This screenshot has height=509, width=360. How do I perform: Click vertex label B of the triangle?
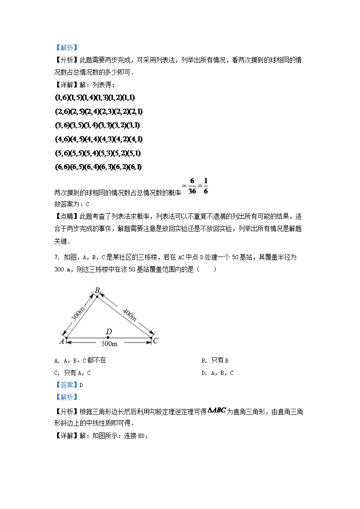(97, 290)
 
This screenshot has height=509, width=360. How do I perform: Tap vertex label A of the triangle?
(62, 341)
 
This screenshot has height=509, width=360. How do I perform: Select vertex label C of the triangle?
(156, 341)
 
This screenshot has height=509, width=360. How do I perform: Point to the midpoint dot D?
(108, 338)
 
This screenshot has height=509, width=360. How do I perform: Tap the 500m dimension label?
(109, 344)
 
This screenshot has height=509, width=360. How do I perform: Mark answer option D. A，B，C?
(218, 373)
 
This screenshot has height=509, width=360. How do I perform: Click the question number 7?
(56, 257)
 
